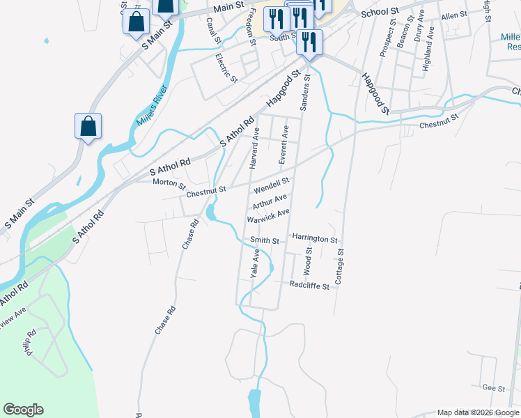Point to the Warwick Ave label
coord(267,216)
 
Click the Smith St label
coord(265,241)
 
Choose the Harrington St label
coord(315,238)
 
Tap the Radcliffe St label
coord(309,285)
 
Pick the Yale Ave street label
coord(256,265)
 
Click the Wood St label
coord(308,265)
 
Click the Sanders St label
coord(304,93)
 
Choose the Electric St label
coord(227,68)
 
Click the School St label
coord(379,13)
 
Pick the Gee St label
coord(493,387)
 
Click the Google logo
coord(23,410)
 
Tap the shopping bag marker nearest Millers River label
coord(88,127)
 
